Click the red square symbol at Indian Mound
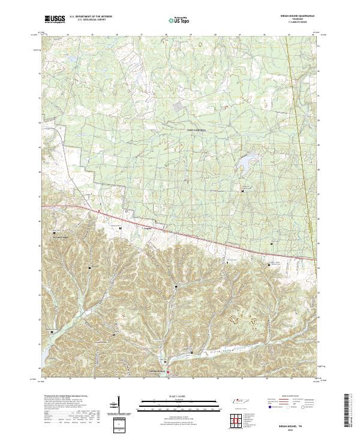click(168, 372)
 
